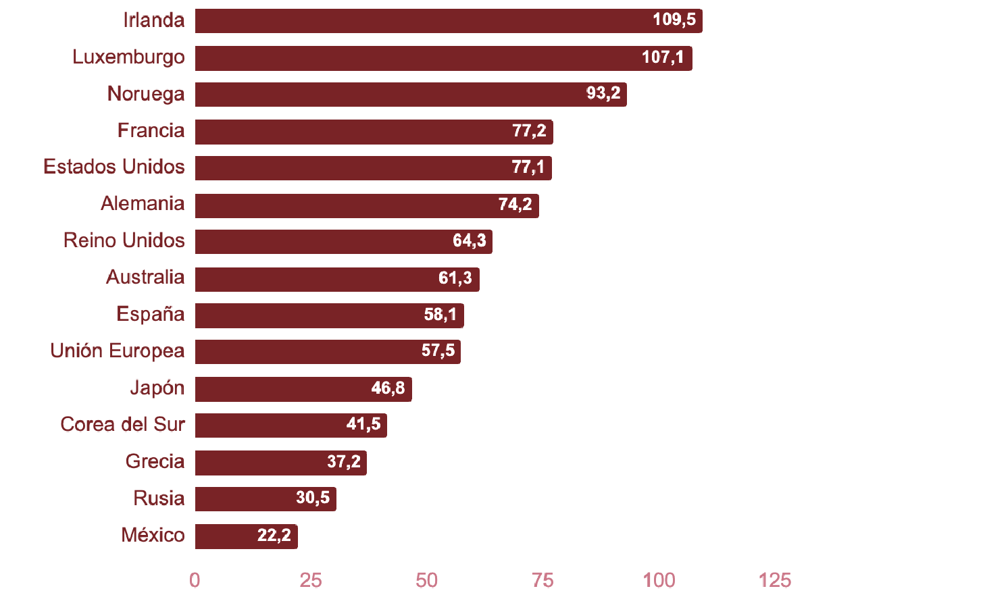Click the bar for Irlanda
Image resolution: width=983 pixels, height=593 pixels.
click(x=419, y=21)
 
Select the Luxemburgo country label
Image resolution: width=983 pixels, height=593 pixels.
click(x=128, y=57)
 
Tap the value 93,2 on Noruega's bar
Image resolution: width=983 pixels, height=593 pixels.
click(x=603, y=93)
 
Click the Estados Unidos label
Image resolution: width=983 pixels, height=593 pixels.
click(x=114, y=167)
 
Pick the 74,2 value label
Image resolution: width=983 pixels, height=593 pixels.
click(x=515, y=205)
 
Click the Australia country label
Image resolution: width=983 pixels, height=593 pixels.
click(x=145, y=277)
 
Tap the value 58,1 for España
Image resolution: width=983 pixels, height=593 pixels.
click(x=440, y=315)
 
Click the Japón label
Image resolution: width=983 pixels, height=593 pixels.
click(x=157, y=388)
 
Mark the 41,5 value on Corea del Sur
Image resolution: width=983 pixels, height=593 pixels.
click(x=363, y=424)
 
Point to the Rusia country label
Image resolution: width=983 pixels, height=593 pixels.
click(x=159, y=498)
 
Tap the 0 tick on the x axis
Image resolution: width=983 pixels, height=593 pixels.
click(x=195, y=580)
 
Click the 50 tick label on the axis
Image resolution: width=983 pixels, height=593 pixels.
click(x=426, y=580)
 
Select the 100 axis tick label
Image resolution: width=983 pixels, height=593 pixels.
click(x=659, y=580)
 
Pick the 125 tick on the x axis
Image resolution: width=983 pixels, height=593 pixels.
click(x=774, y=580)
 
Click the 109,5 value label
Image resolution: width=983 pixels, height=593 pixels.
click(x=674, y=20)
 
